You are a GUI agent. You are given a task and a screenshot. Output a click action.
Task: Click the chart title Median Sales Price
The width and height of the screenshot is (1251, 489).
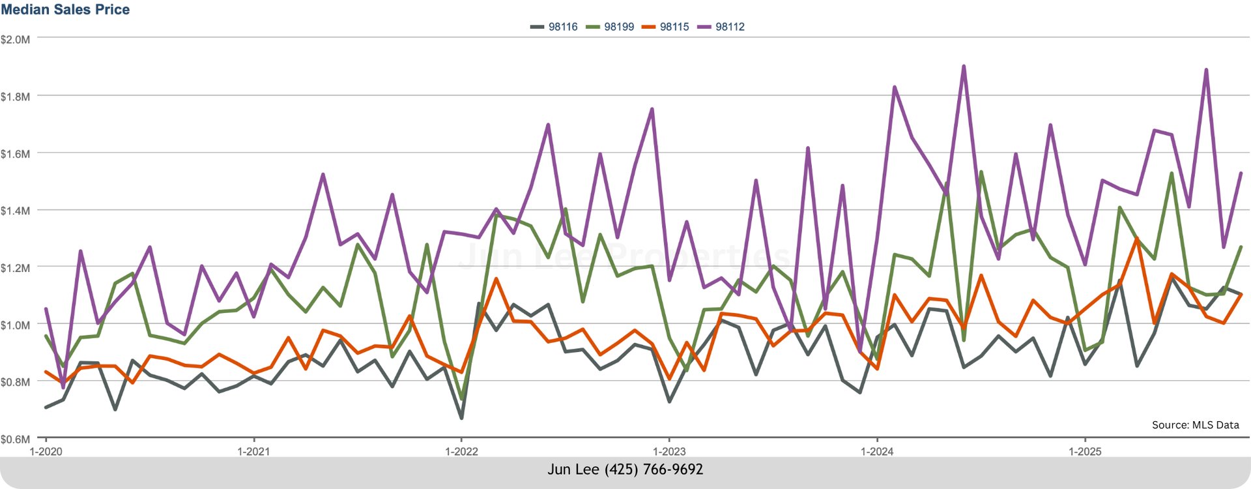65,9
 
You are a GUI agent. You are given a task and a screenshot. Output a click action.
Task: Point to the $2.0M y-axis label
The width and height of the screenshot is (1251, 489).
15,40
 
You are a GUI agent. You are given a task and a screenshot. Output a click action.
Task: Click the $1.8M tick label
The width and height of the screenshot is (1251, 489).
15,97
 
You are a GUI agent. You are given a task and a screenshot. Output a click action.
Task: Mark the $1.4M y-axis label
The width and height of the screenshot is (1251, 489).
15,211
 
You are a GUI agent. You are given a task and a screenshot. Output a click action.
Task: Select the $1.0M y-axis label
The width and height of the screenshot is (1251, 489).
15,325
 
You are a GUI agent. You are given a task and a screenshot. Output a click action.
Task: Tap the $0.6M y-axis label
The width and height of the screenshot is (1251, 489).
15,439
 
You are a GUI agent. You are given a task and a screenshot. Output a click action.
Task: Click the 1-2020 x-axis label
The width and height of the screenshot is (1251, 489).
46,452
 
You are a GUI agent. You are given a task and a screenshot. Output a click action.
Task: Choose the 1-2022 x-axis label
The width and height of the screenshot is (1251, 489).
461,452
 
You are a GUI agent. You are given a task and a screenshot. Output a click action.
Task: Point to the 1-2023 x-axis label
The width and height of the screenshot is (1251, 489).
669,452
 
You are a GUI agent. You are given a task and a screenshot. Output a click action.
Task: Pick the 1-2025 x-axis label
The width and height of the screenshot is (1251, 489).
1085,452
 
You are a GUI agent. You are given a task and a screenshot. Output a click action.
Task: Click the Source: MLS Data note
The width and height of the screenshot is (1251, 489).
1195,425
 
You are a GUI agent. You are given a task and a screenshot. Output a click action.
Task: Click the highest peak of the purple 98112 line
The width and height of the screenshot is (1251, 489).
964,66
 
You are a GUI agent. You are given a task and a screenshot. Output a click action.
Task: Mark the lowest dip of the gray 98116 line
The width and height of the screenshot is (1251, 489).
461,417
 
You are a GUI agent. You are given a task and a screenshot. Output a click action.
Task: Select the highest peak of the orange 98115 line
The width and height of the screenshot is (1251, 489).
1137,239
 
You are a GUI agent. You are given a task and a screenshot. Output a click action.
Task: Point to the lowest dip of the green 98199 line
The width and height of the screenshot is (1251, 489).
461,398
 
